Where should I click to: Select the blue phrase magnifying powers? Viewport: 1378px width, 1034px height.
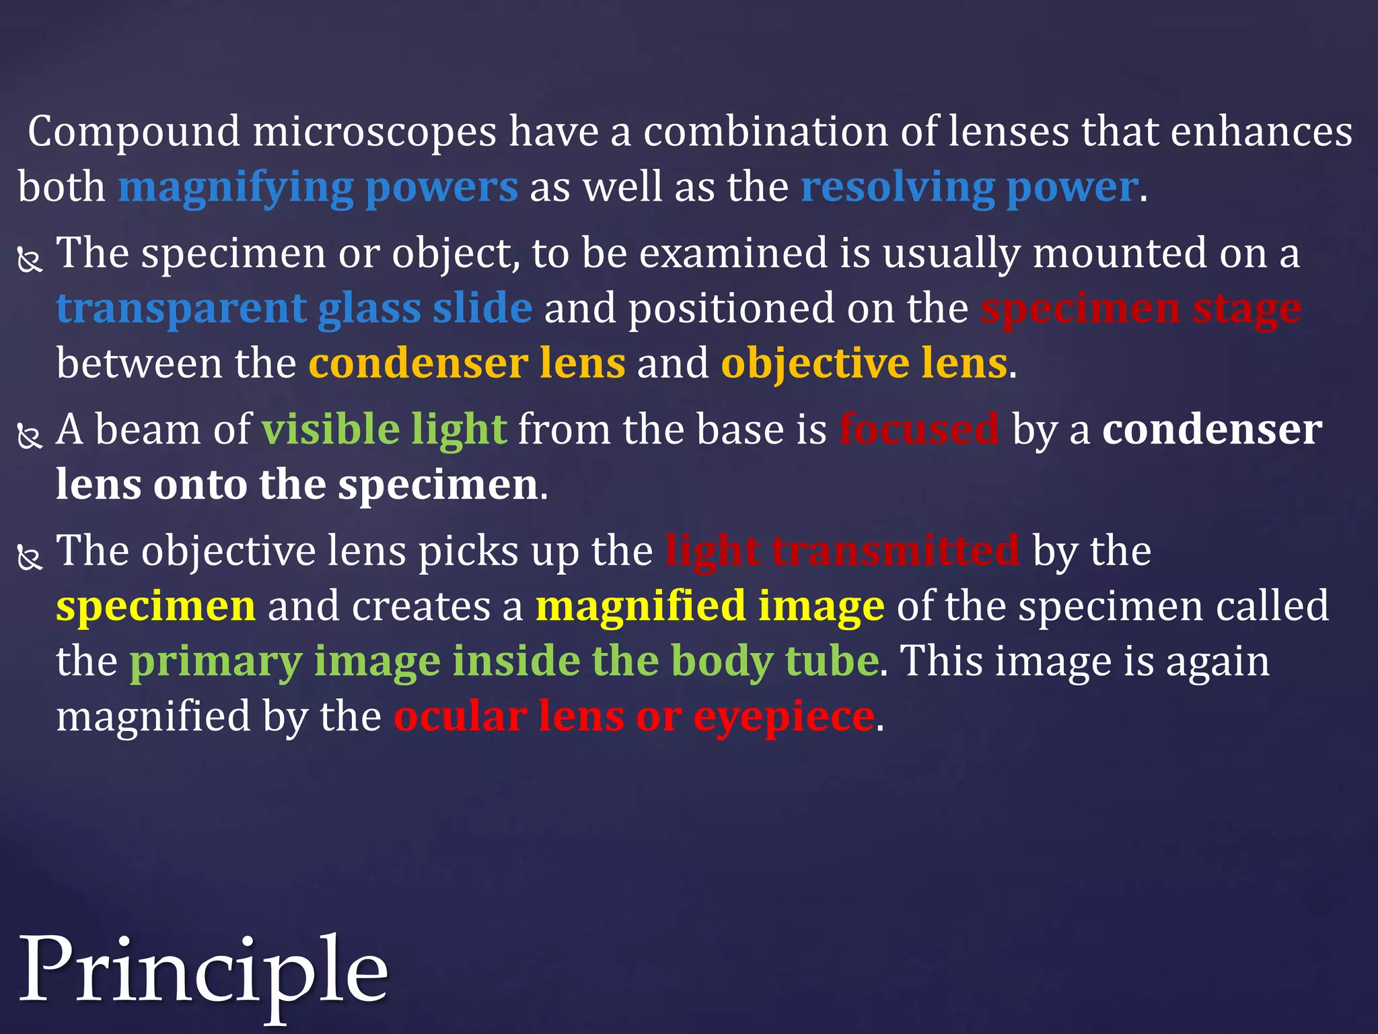click(x=318, y=187)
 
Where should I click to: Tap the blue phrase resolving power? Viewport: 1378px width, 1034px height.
click(x=969, y=187)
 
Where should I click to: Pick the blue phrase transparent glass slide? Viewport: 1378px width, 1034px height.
click(x=294, y=309)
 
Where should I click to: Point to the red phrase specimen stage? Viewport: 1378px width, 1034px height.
click(x=1140, y=309)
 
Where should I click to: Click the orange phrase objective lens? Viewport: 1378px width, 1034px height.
click(x=864, y=364)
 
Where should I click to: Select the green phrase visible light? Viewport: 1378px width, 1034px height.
click(x=384, y=429)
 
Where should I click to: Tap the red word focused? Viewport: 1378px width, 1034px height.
click(x=918, y=429)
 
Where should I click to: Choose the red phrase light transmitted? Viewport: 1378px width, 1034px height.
click(x=842, y=551)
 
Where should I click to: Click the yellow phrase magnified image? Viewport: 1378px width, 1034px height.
click(x=710, y=607)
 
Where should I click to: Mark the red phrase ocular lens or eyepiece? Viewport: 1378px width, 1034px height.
click(x=634, y=716)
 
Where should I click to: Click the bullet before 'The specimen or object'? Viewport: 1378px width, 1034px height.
click(x=30, y=260)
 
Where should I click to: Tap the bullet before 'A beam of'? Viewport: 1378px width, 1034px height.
click(x=30, y=436)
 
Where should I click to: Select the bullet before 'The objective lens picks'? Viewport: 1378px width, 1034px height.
click(x=30, y=558)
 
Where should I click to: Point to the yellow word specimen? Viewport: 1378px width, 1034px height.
click(x=155, y=607)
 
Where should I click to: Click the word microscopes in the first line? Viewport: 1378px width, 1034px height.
click(x=374, y=131)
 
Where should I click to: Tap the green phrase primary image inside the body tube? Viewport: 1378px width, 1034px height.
click(x=504, y=661)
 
